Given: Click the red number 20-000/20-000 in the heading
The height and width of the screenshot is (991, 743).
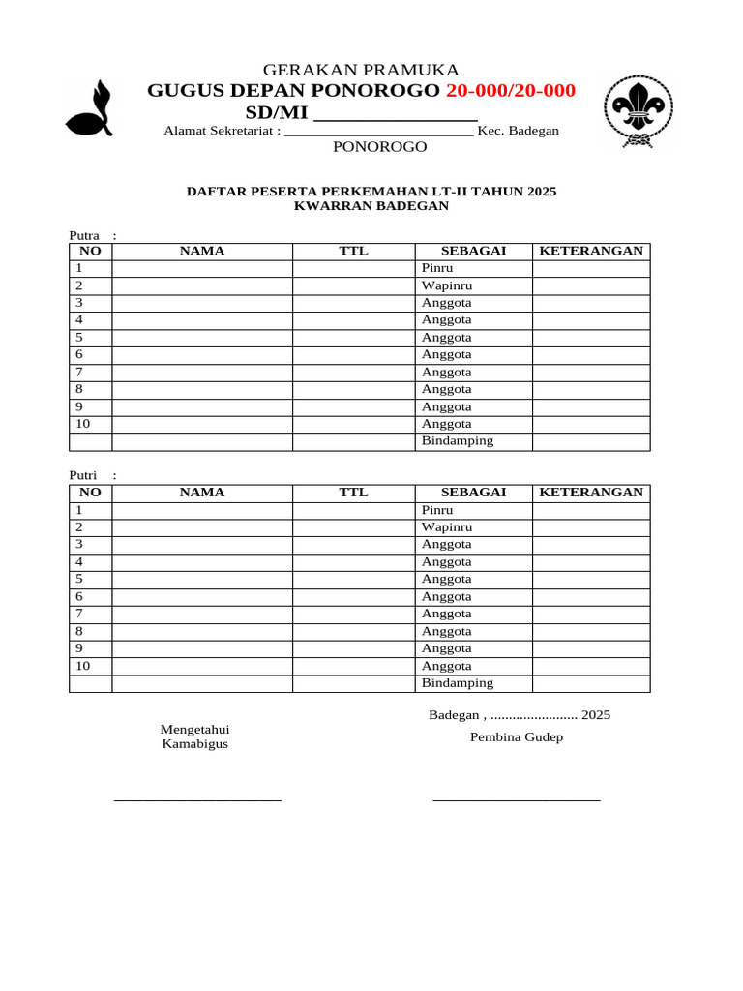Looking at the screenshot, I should pos(510,91).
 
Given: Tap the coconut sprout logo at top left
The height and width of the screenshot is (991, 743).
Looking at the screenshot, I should pos(88,107).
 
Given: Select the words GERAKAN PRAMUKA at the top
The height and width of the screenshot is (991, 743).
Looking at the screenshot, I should pos(361,70).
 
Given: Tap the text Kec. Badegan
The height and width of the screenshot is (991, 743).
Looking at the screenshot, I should pos(518,131).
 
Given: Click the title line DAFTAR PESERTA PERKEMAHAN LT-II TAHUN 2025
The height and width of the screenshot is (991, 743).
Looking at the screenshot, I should pos(371,192).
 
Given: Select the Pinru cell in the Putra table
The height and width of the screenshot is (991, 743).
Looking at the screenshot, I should pos(473,268).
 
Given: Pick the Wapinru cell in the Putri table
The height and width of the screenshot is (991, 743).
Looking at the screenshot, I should pos(473,527).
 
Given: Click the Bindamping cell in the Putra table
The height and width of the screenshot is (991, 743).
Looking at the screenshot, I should pos(473,441).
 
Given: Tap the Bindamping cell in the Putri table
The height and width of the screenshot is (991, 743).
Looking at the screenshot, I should pos(473,683).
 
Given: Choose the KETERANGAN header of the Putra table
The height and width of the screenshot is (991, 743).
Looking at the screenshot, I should pos(590,251).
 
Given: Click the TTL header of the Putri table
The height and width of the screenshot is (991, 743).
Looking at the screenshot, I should pos(353,493).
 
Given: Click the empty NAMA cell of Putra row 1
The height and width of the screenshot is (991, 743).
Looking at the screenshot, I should pos(201,268).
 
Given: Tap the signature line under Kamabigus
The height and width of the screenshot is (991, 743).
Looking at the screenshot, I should pos(197,800).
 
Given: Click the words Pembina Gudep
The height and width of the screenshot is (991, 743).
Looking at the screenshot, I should pos(516,737).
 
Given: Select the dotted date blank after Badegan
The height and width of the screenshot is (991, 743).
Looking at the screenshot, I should pos(533,716).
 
